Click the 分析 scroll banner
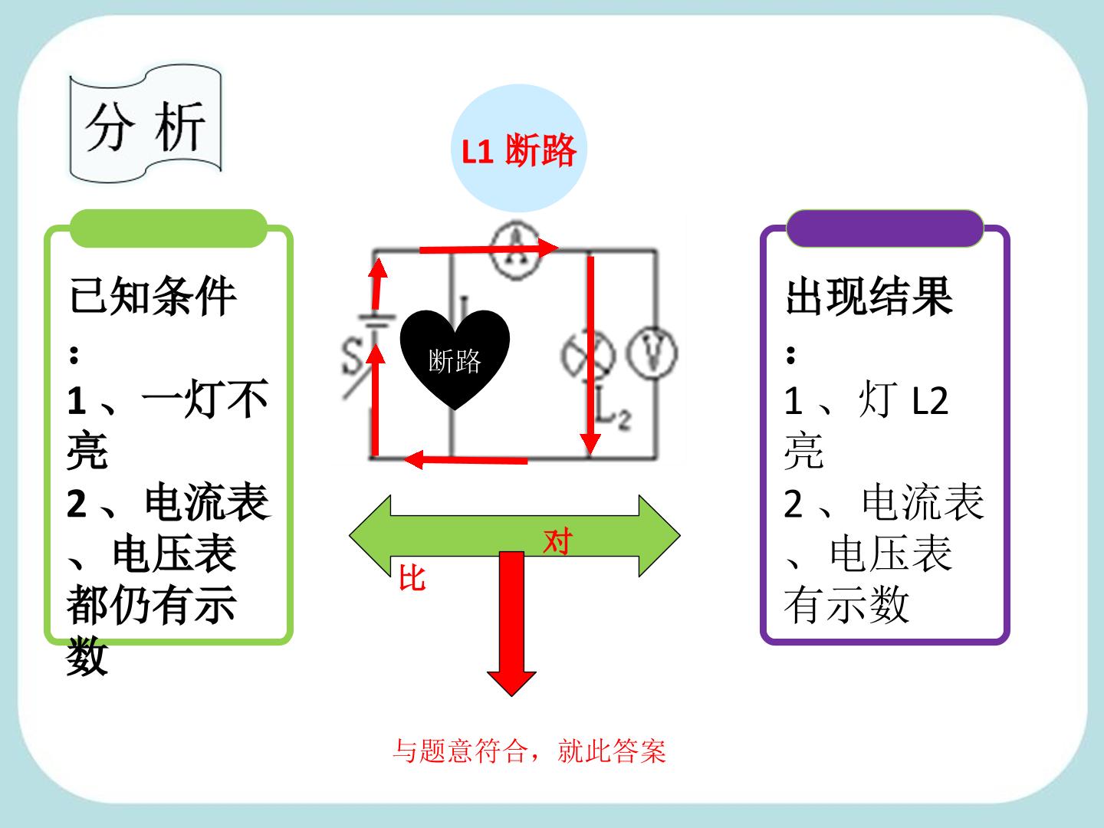146,123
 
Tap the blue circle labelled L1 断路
519,148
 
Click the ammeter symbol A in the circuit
515,251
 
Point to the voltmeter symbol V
652,353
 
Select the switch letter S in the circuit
352,356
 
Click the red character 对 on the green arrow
558,541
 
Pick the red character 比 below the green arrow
412,577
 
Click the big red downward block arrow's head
511,684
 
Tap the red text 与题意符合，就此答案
529,751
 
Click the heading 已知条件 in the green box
153,297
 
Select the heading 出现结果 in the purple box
869,297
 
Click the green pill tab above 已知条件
169,228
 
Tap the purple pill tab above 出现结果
885,228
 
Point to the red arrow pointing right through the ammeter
489,248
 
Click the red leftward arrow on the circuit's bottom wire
465,459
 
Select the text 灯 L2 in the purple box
903,400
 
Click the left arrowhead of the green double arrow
370,535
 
